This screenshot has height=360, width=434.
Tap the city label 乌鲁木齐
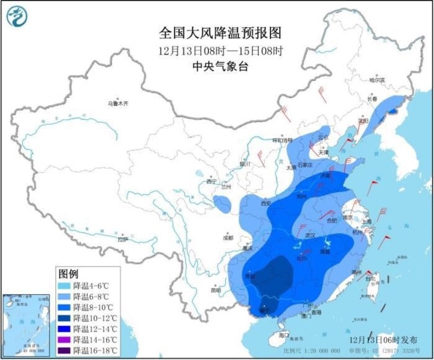(117, 103)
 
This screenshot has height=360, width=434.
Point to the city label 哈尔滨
(377, 80)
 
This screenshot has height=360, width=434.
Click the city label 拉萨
(122, 239)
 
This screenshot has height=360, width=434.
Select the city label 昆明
(215, 289)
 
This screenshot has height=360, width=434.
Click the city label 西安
(267, 203)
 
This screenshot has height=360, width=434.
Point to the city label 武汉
(311, 235)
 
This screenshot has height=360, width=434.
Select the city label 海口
(284, 335)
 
